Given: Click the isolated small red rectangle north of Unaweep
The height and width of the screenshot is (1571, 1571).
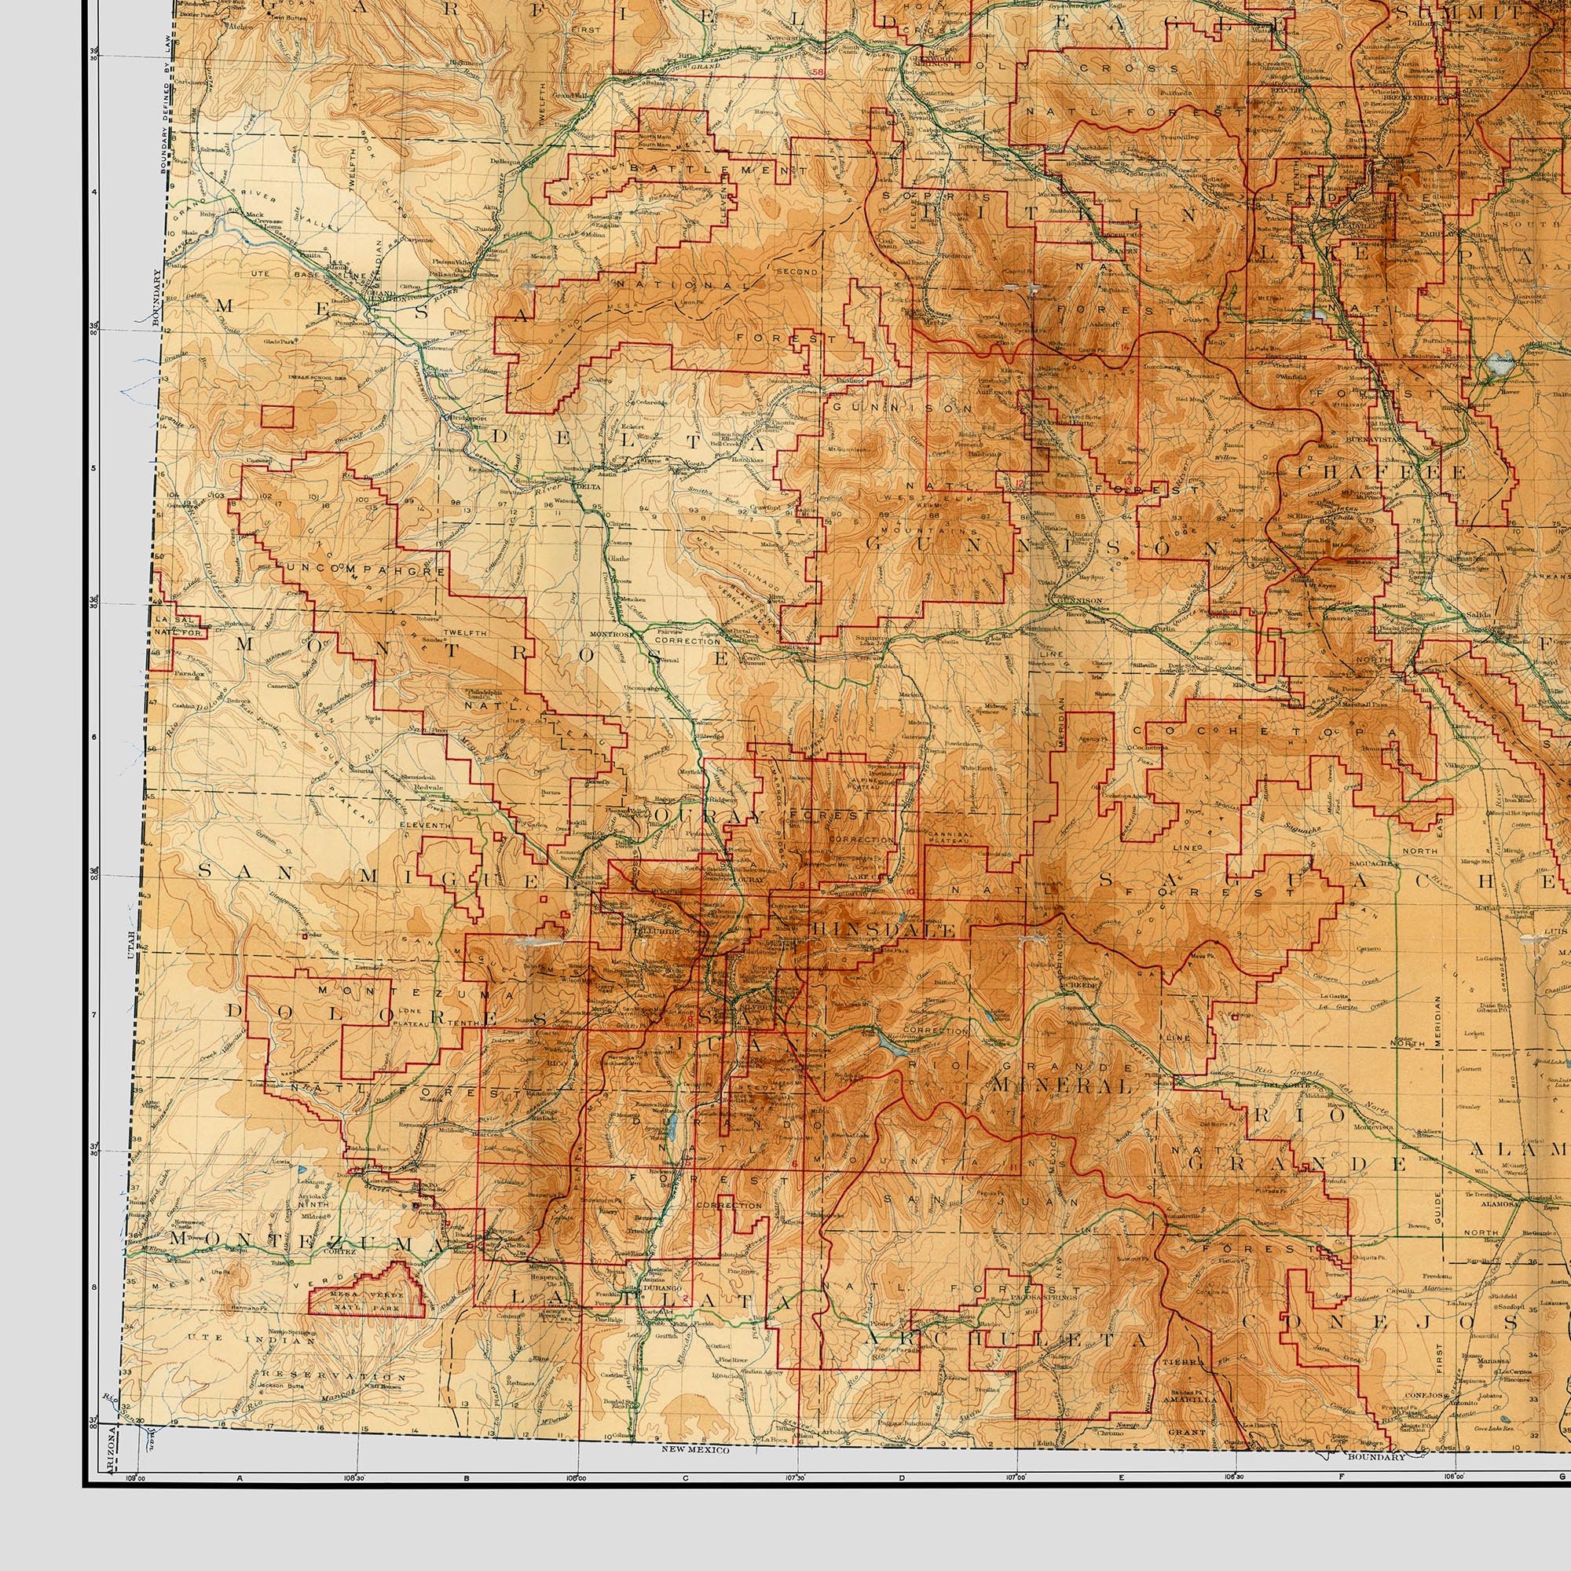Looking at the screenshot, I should coord(277,416).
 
